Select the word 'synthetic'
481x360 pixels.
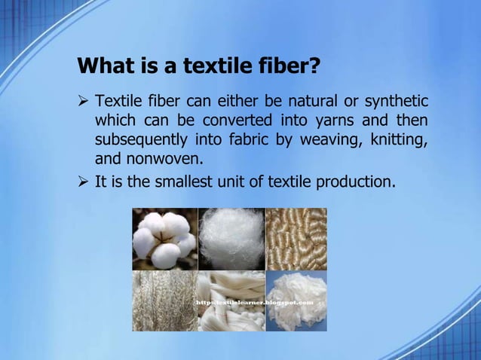pyautogui.click(x=396, y=101)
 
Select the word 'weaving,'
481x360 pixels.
pyautogui.click(x=331, y=140)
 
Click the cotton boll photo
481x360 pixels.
pyautogui.click(x=164, y=239)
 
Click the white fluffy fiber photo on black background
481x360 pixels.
pyautogui.click(x=230, y=239)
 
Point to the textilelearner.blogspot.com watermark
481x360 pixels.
pyautogui.click(x=253, y=302)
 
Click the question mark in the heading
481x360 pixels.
pyautogui.click(x=314, y=66)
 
